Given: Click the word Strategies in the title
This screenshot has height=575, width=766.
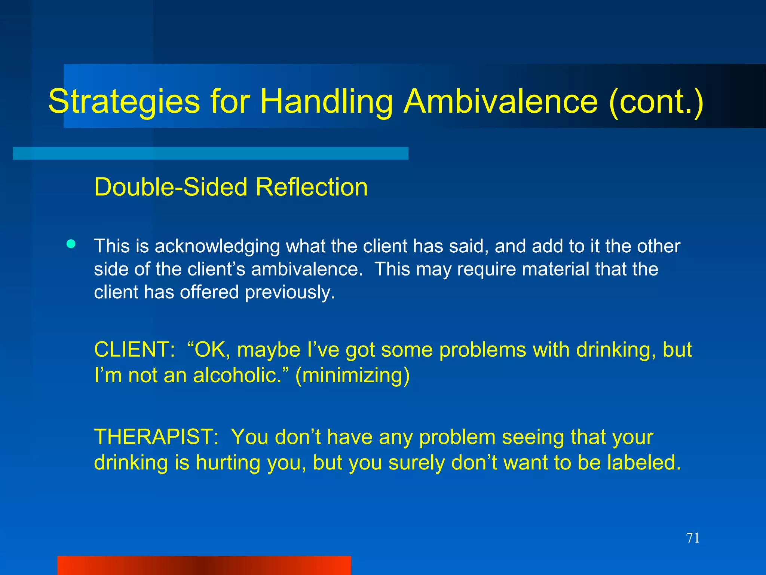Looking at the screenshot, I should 124,102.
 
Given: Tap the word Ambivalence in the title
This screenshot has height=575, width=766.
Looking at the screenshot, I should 501,102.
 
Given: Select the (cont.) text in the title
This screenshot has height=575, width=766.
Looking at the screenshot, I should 656,102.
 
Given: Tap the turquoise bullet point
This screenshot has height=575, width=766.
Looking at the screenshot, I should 71,244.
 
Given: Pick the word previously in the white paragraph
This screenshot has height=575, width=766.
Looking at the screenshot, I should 289,292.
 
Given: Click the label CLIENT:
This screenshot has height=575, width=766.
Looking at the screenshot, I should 134,350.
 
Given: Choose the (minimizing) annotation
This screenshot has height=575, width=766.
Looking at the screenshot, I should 352,375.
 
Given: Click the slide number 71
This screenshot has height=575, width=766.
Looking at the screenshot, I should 693,538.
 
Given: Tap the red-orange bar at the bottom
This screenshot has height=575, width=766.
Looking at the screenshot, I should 204,565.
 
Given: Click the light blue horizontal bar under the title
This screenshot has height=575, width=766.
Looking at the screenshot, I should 210,153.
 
